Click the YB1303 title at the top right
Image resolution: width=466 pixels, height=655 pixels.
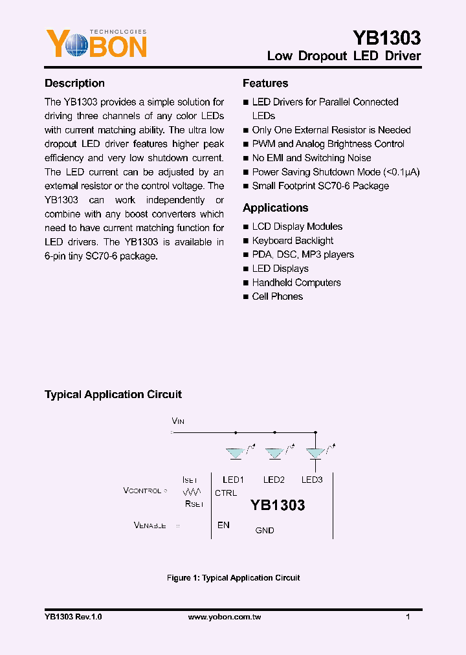386,38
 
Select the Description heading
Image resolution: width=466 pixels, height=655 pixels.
74,83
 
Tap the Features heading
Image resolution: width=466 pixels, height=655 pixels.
265,83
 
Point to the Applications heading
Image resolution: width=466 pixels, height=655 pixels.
275,208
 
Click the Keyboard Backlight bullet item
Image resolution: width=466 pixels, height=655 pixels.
293,241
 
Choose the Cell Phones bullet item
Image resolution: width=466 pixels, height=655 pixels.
277,296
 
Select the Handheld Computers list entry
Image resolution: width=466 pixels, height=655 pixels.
296,282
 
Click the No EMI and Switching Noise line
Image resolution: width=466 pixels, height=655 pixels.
311,158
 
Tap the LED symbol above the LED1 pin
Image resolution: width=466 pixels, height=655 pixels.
235,453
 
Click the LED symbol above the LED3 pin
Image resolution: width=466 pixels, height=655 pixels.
315,453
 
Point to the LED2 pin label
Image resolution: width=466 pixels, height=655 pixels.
274,480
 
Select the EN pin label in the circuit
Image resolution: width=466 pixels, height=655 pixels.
223,525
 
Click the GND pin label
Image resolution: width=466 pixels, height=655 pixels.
265,530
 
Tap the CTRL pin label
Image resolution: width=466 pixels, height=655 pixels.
226,493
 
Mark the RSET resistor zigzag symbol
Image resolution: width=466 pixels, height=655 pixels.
192,492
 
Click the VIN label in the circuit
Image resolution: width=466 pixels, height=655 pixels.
178,421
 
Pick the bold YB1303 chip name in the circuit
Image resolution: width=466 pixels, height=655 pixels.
277,505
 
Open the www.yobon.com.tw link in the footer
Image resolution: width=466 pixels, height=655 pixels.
224,617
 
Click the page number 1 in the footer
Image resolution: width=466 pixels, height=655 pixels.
408,617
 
